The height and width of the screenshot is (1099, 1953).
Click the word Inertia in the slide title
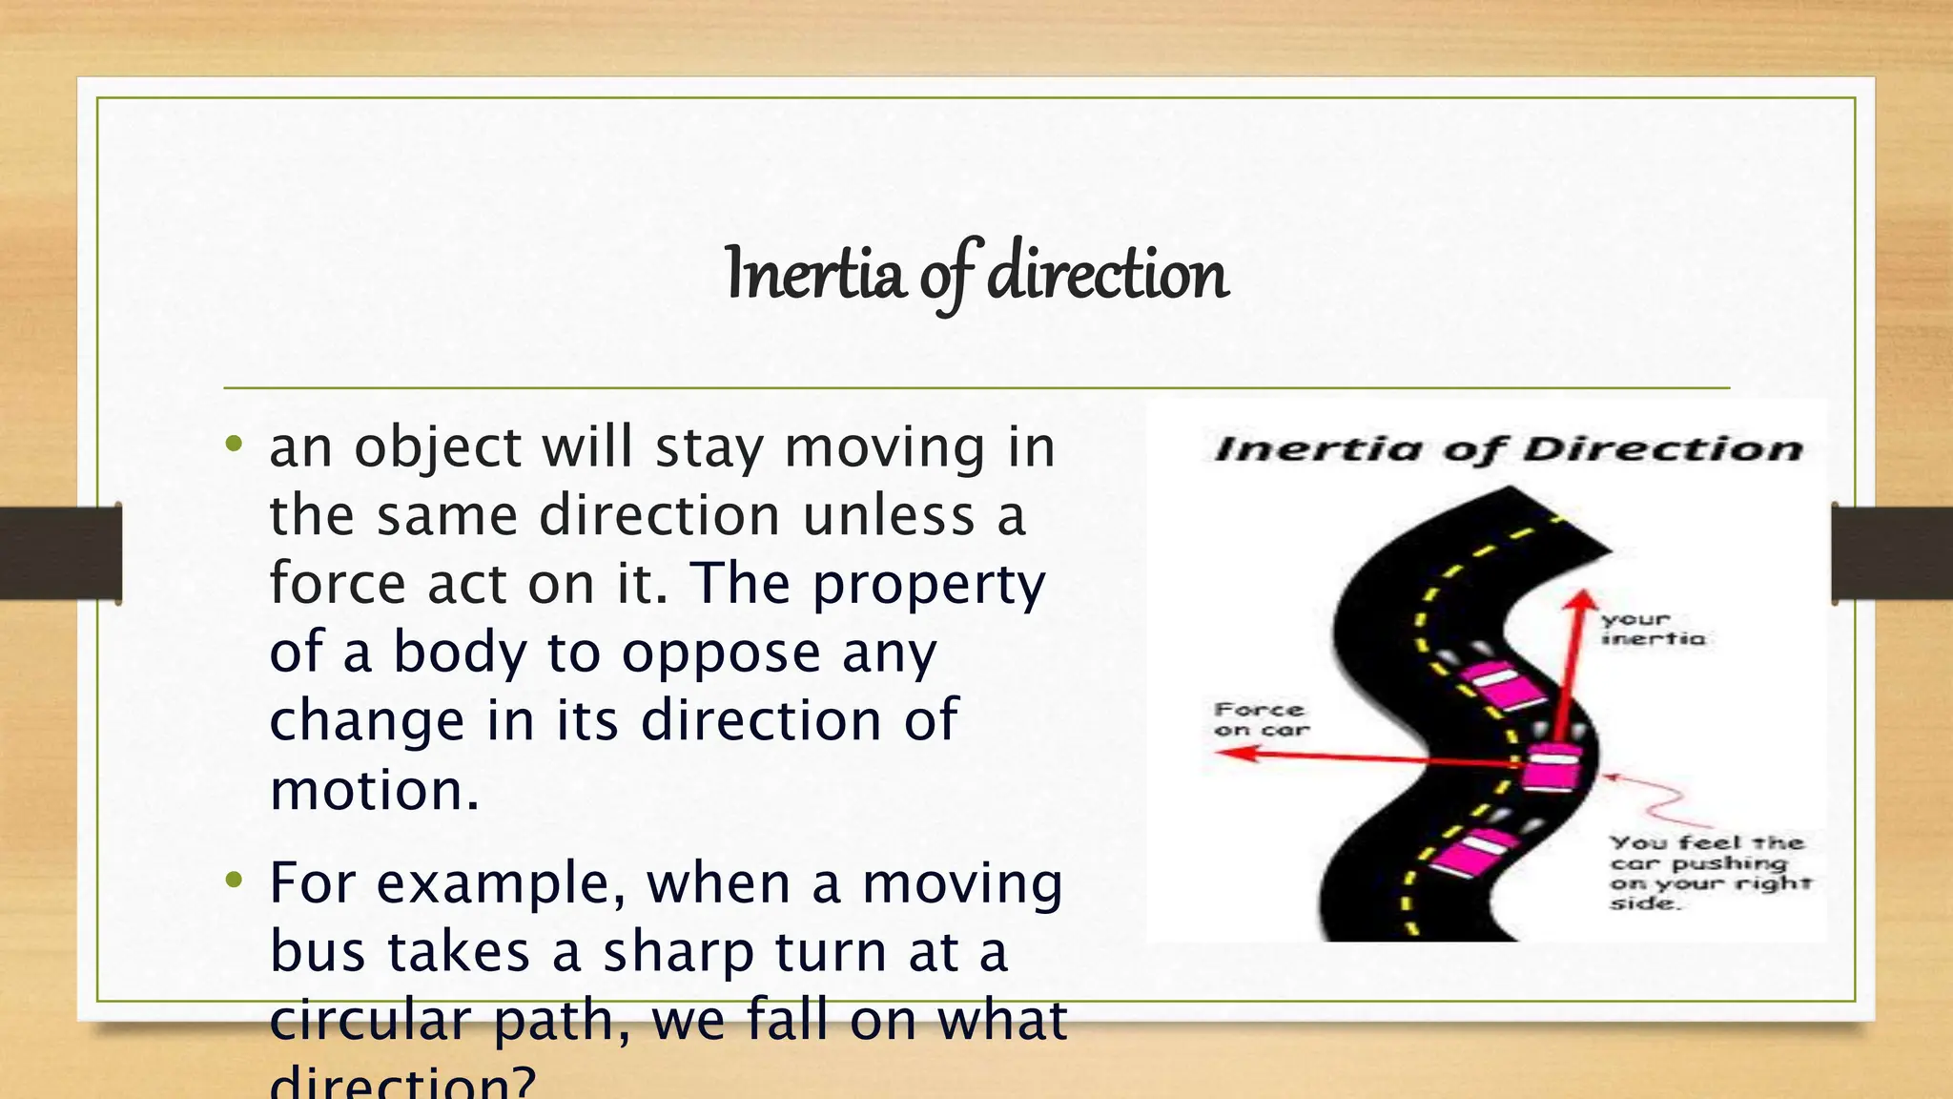813,275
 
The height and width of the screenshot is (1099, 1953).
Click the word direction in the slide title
1107,275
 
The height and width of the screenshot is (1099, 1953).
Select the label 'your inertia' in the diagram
1652,629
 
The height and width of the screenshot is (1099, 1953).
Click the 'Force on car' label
1261,719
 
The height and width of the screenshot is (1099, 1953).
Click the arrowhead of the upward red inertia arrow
1582,601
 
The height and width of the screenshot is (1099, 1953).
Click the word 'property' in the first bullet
929,584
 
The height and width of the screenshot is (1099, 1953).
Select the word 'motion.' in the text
374,790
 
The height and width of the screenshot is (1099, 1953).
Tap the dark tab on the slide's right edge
1892,553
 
